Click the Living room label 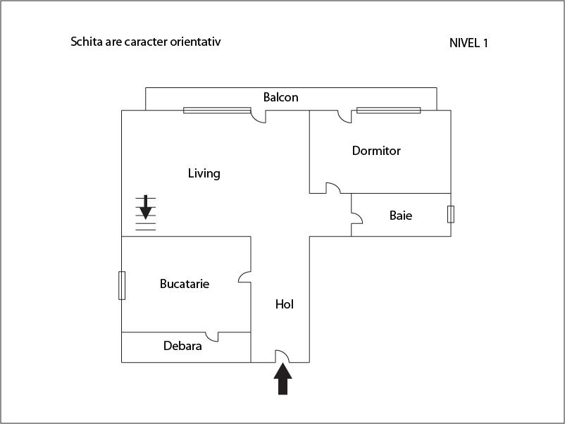coord(204,173)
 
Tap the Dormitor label coord(376,151)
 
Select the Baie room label coord(401,216)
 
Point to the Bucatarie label coord(185,284)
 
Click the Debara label coord(182,346)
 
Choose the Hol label coord(284,304)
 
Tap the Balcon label coord(280,97)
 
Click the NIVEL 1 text coord(468,43)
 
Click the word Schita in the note coord(86,42)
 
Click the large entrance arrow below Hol coord(282,380)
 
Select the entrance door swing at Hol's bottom coord(281,356)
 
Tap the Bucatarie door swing coord(244,278)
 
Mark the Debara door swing coord(211,337)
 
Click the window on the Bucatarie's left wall coord(122,285)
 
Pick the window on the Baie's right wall coord(451,214)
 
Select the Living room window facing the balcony coord(217,110)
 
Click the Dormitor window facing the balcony coord(388,110)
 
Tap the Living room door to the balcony coord(259,116)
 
